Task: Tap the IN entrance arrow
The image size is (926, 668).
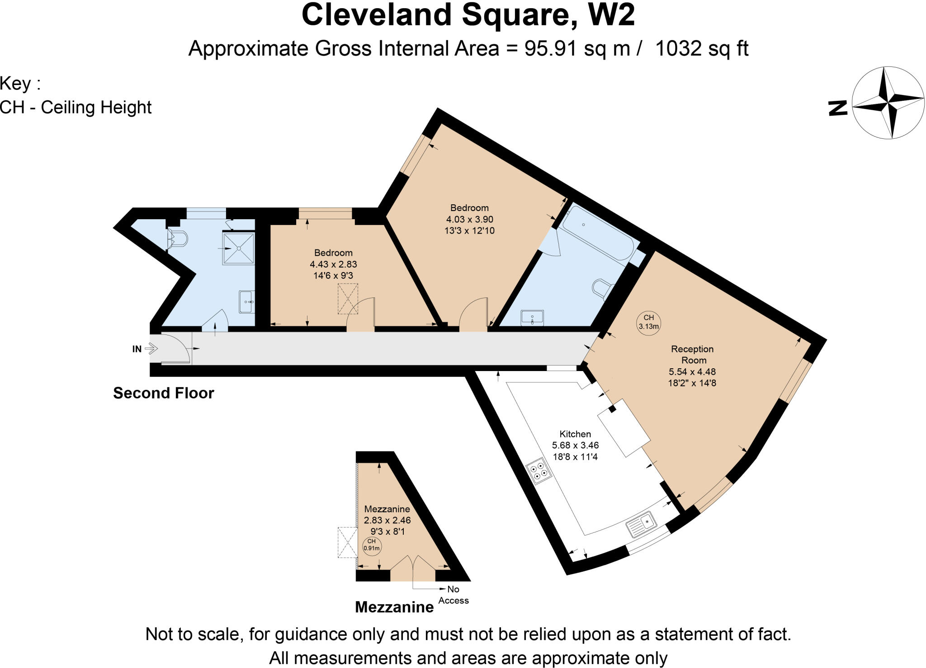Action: point(151,348)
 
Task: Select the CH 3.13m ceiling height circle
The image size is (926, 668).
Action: point(648,322)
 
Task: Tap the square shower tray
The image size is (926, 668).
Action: point(238,248)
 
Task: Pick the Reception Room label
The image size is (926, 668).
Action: point(692,354)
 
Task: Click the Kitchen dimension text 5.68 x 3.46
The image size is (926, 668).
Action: point(575,445)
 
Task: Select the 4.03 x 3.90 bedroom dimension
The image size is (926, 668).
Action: point(469,219)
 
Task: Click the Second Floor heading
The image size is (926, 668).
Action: point(163,393)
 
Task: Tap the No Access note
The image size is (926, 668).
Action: point(453,594)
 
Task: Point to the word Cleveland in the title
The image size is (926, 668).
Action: point(377,15)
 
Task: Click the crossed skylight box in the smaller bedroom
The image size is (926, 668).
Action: point(348,299)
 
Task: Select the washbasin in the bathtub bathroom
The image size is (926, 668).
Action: point(532,317)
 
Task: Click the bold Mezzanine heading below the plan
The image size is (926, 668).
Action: point(394,607)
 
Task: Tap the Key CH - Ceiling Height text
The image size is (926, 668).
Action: point(76,107)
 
